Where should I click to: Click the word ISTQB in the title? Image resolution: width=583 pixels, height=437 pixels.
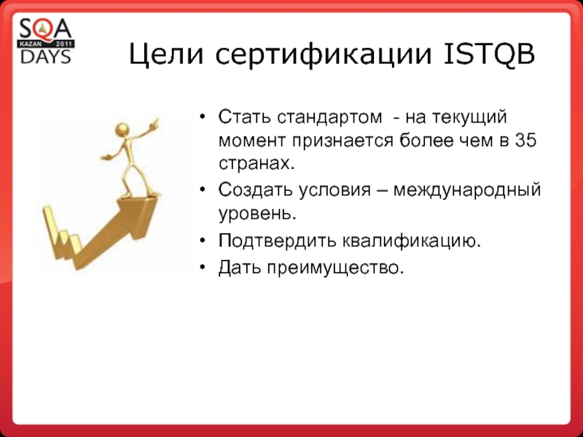tap(490, 54)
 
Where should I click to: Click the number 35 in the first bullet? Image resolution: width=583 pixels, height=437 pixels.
tap(526, 141)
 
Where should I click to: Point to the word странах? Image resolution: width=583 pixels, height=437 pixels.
tap(257, 164)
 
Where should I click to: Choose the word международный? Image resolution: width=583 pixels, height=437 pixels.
tap(467, 190)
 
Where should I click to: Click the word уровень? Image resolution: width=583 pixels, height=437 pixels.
tap(257, 214)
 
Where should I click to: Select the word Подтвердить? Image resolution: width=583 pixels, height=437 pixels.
tap(277, 240)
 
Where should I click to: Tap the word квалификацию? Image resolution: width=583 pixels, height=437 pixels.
tap(411, 240)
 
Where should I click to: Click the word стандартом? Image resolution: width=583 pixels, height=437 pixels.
tap(329, 117)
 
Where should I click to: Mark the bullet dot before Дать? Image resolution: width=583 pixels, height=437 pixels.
tap(203, 267)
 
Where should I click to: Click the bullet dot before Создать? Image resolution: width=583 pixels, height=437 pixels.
tap(203, 190)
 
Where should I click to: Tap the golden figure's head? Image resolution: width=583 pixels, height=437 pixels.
tap(122, 130)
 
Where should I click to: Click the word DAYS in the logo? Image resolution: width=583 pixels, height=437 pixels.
tap(46, 57)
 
